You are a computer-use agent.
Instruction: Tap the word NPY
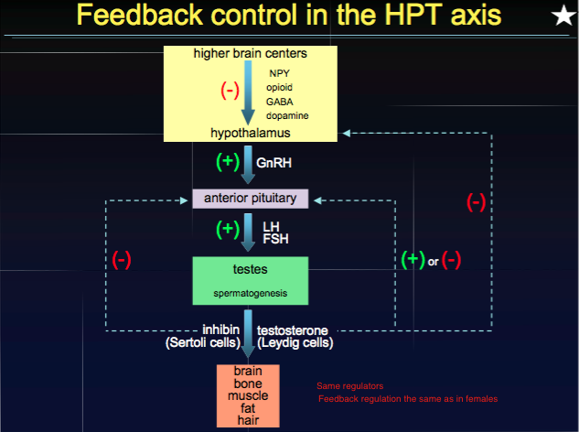279,72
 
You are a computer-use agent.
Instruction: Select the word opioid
280,87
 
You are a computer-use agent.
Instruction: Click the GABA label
280,102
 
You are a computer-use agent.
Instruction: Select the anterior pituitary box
251,198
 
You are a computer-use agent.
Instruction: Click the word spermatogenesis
251,294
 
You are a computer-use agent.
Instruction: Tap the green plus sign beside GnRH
226,162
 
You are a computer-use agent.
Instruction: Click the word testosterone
292,329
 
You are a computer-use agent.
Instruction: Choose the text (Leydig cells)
295,343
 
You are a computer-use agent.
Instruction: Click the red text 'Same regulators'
350,385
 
